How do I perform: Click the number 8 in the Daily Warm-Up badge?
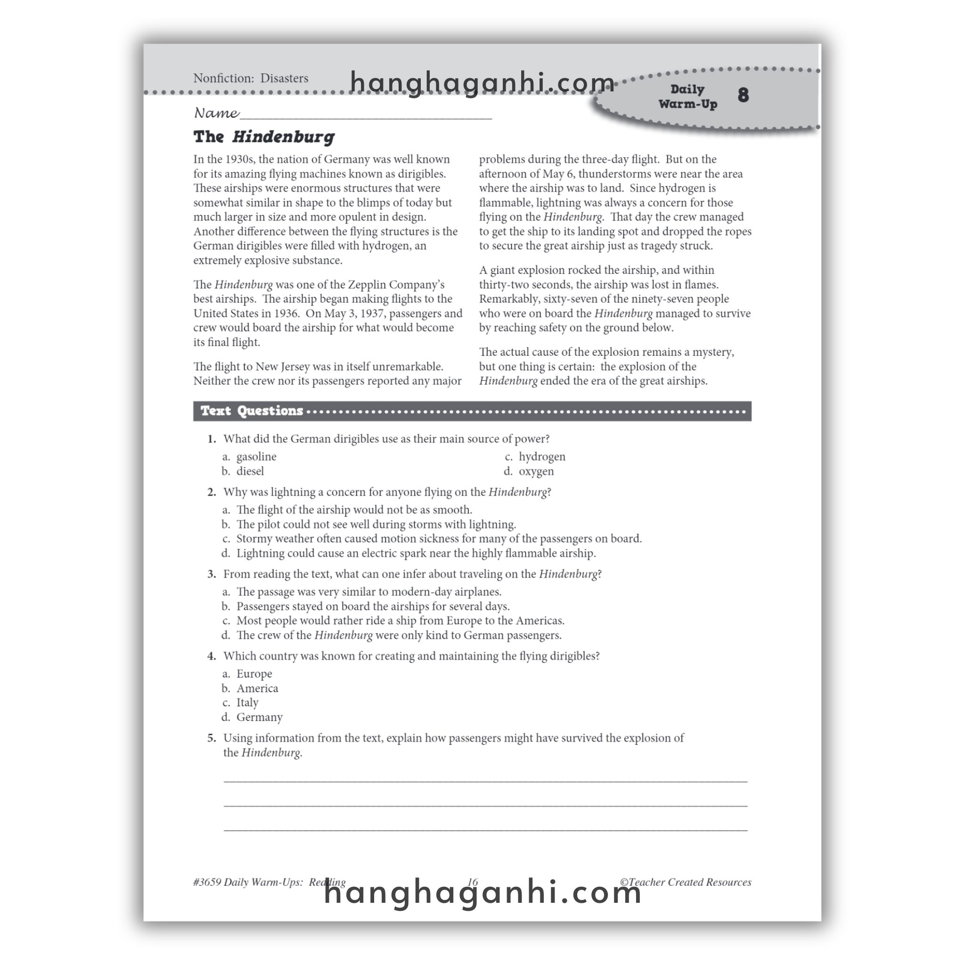click(x=743, y=95)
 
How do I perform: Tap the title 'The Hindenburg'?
click(x=264, y=137)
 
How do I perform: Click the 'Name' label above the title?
click(x=216, y=113)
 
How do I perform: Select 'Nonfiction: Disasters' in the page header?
click(x=251, y=78)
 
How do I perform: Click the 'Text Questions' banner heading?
click(x=252, y=411)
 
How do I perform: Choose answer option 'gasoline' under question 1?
click(x=256, y=457)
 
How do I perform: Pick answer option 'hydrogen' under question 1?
click(x=542, y=457)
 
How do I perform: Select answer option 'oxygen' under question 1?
click(x=536, y=471)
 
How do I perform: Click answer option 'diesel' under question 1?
click(x=250, y=471)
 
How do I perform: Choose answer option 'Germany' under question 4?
click(x=259, y=717)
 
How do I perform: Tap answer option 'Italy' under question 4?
click(x=247, y=703)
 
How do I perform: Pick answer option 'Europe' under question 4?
click(x=254, y=674)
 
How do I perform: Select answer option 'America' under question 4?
click(x=257, y=688)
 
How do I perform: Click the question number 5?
click(x=212, y=738)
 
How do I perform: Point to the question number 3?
click(x=212, y=574)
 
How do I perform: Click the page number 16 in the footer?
click(x=473, y=882)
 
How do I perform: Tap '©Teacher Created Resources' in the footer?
click(x=685, y=882)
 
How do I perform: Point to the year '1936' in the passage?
click(x=286, y=314)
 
